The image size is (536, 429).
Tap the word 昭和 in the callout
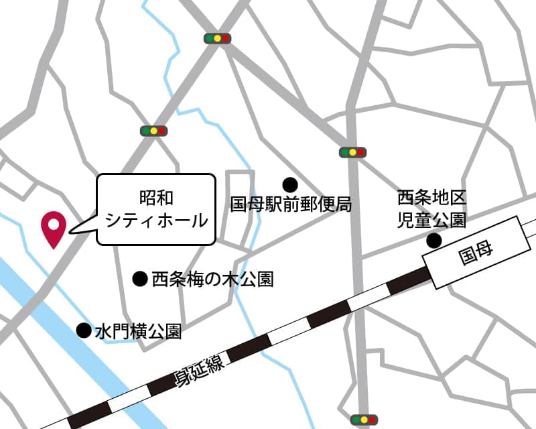[156, 198]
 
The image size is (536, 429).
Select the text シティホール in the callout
[156, 220]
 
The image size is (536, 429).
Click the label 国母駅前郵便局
[291, 204]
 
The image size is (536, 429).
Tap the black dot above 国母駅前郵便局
[290, 184]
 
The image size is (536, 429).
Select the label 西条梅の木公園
[212, 279]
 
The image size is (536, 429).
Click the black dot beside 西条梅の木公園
[140, 278]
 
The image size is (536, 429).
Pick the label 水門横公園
[138, 330]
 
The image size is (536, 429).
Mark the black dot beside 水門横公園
[84, 330]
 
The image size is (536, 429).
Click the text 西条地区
[431, 198]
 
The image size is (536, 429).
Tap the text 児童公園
[431, 220]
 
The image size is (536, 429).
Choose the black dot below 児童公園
[435, 241]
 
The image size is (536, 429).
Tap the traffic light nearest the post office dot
[352, 152]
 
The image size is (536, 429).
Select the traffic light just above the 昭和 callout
[153, 131]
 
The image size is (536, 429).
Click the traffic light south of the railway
[364, 419]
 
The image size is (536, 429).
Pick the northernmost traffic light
[217, 38]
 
